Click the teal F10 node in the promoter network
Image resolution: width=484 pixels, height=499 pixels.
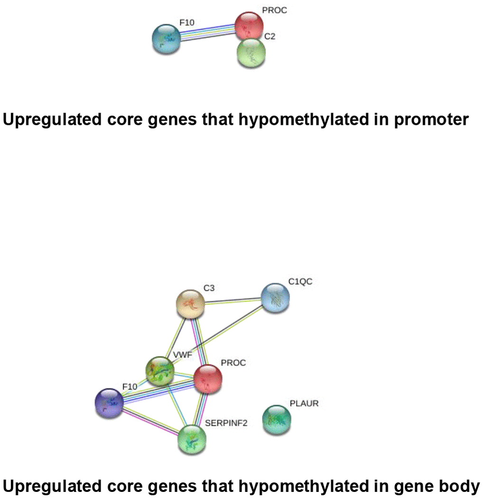[x=166, y=39]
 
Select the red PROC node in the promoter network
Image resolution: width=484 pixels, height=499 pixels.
[x=249, y=26]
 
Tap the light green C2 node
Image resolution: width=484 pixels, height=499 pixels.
[x=251, y=53]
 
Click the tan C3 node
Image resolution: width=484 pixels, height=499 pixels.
[x=190, y=304]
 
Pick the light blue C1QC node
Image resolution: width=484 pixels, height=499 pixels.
[x=275, y=298]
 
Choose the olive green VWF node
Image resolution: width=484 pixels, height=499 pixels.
[x=160, y=371]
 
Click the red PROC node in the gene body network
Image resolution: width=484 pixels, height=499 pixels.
[x=208, y=379]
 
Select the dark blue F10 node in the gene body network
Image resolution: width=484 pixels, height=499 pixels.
[x=110, y=403]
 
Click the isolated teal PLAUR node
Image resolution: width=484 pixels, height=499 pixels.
[x=277, y=419]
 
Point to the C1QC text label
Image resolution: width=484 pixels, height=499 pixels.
[x=300, y=282]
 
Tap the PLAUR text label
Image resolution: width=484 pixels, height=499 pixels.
[x=304, y=404]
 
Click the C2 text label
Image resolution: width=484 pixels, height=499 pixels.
[x=270, y=36]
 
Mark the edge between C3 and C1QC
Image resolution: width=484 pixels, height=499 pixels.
[x=233, y=301]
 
